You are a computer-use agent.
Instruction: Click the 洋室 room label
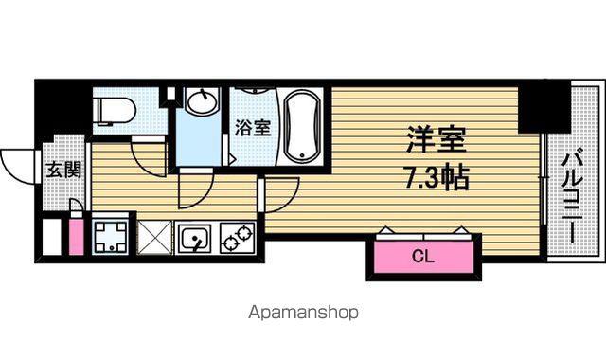[437, 139]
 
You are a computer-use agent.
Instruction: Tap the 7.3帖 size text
[437, 177]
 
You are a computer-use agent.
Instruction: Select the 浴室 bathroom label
[253, 128]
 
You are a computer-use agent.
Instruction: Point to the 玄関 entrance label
[63, 170]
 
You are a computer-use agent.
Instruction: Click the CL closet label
[423, 256]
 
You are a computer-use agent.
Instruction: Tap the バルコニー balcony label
[574, 198]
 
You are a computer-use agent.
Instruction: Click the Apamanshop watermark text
[303, 312]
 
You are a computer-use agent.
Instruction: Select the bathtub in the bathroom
[302, 125]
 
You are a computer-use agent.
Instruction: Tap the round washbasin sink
[202, 101]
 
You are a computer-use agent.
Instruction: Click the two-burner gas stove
[238, 239]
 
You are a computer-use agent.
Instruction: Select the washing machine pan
[110, 237]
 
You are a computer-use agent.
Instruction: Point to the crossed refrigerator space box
[154, 238]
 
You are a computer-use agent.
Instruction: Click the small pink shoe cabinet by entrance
[76, 237]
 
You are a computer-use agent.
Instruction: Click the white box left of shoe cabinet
[51, 237]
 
